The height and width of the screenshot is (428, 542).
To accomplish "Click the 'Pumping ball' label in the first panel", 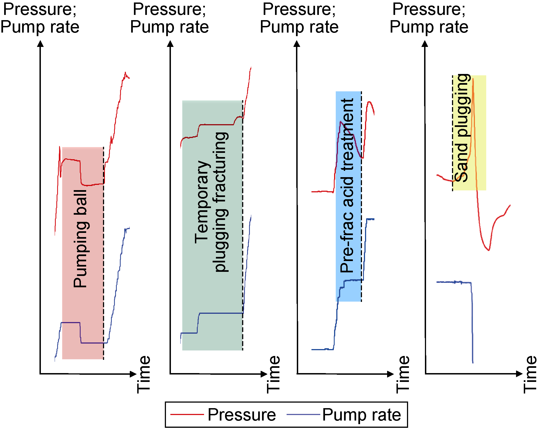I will click(x=80, y=239).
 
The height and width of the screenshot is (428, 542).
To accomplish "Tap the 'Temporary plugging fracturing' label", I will click(x=211, y=202).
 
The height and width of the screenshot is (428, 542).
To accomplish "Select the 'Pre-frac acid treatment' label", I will click(x=347, y=185).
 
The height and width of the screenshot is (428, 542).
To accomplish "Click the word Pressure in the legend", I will click(x=242, y=414).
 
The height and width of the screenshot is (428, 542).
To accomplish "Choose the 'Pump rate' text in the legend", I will click(x=361, y=414).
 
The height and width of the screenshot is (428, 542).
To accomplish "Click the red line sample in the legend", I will click(x=187, y=414).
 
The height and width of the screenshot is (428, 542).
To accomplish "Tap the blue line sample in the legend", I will click(x=303, y=414).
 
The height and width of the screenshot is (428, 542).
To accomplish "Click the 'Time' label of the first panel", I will click(x=144, y=374).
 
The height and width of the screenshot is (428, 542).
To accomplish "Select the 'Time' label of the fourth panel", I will click(x=530, y=374).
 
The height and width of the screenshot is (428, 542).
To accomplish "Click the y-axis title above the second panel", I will click(x=169, y=18).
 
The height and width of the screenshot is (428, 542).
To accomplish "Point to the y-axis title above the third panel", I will click(x=299, y=18).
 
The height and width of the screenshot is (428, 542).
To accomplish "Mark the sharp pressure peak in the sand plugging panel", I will click(x=473, y=79).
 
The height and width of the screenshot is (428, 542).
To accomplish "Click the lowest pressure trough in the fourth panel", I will click(x=489, y=250).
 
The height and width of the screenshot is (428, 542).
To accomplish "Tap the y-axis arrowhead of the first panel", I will click(x=41, y=44).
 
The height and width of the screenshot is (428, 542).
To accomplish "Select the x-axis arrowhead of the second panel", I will click(x=264, y=374).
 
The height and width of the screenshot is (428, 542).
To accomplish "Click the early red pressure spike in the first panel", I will click(x=60, y=147).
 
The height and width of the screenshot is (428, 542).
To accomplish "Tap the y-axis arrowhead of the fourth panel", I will click(x=425, y=44).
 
